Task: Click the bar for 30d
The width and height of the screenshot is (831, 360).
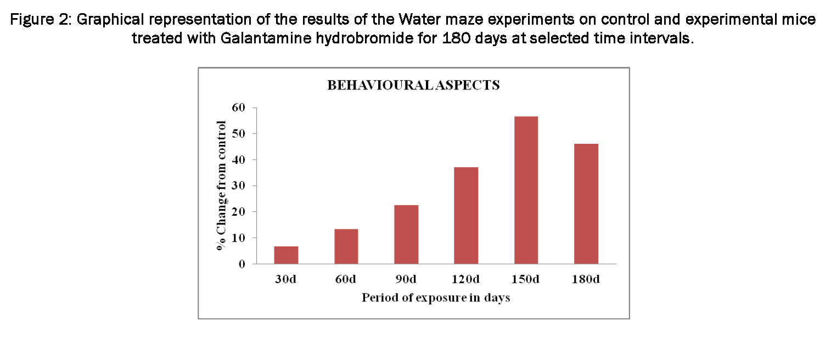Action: click(286, 255)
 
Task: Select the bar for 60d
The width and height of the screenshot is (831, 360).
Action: click(346, 246)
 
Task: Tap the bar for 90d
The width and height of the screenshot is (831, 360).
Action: click(406, 234)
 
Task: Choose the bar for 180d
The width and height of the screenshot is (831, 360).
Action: click(586, 204)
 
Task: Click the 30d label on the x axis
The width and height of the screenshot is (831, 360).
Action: click(286, 279)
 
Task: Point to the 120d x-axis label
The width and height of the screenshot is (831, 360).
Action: click(466, 279)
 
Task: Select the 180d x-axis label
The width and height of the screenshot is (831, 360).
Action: click(586, 279)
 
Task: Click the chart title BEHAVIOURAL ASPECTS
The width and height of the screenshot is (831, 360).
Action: click(413, 86)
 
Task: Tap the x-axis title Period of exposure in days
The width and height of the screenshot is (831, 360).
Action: click(436, 298)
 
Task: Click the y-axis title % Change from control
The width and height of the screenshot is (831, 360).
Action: click(221, 185)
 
